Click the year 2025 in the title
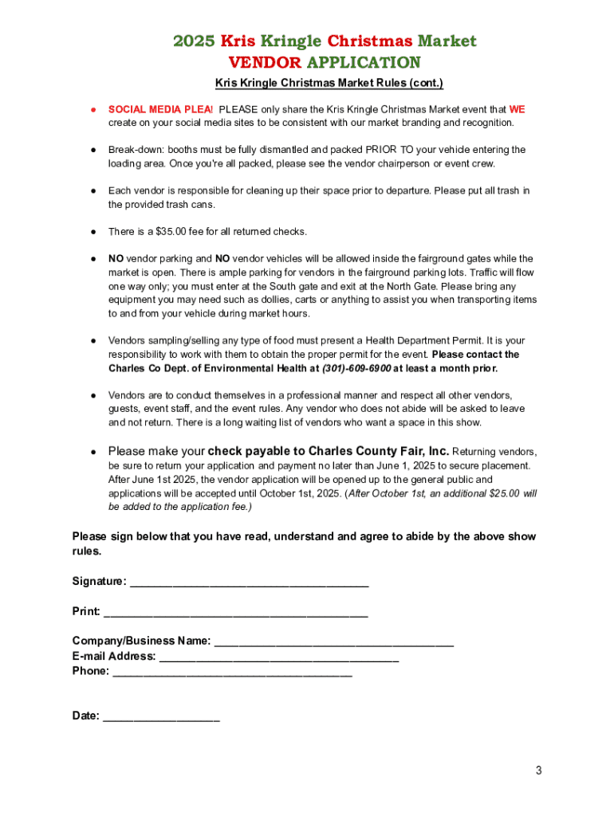click(x=195, y=41)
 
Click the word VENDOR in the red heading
click(x=265, y=62)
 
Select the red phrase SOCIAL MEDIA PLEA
click(x=159, y=109)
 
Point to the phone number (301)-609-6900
click(x=356, y=368)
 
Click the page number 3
click(x=539, y=770)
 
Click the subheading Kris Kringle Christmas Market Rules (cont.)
click(x=329, y=83)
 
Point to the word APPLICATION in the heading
click(x=363, y=62)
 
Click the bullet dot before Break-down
click(x=92, y=150)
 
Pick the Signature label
click(x=99, y=582)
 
